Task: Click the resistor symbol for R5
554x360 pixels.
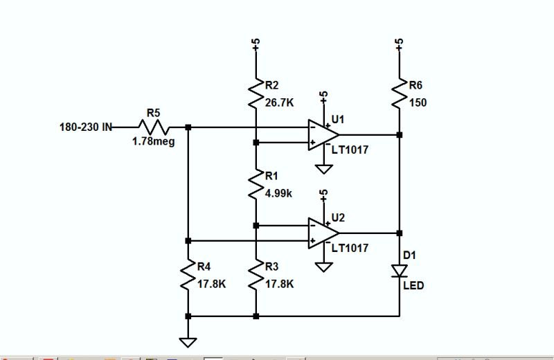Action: point(154,127)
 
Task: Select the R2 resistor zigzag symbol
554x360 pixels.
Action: point(256,91)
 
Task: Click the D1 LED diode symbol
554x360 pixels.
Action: point(399,271)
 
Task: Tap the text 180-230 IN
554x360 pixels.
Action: point(86,127)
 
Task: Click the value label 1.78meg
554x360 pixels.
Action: point(153,142)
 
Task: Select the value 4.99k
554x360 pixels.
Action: point(279,194)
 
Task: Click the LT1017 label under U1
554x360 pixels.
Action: point(350,149)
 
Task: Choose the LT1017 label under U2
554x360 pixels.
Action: point(350,247)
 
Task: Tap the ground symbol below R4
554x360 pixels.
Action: point(188,342)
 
